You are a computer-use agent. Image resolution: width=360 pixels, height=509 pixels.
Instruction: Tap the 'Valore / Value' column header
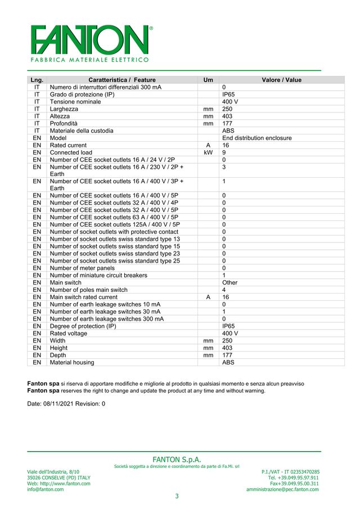point(281,80)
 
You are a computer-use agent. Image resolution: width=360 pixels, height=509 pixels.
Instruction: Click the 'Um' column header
point(208,80)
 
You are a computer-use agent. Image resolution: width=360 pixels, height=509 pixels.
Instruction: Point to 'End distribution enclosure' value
point(256,138)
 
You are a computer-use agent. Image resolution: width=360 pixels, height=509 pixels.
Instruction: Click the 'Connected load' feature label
point(71,152)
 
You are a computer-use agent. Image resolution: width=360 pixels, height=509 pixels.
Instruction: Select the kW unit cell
point(208,152)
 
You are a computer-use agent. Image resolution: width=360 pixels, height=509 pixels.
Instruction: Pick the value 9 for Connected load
point(224,152)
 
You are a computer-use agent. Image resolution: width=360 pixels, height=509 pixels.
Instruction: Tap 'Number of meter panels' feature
point(82,268)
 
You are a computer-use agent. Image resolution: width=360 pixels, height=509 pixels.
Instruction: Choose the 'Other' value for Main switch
point(230,283)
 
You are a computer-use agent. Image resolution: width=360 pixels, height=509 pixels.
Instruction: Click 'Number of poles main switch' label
point(88,290)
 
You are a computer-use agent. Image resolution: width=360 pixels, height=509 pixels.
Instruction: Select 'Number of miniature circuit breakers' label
point(98,276)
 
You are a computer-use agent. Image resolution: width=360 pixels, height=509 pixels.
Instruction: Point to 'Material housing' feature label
point(72,363)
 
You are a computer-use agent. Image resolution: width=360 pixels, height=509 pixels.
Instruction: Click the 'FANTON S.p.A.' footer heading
point(177,460)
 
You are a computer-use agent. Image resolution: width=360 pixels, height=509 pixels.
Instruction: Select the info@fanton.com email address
point(46,489)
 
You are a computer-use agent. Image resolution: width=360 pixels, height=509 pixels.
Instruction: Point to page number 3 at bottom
point(177,496)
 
